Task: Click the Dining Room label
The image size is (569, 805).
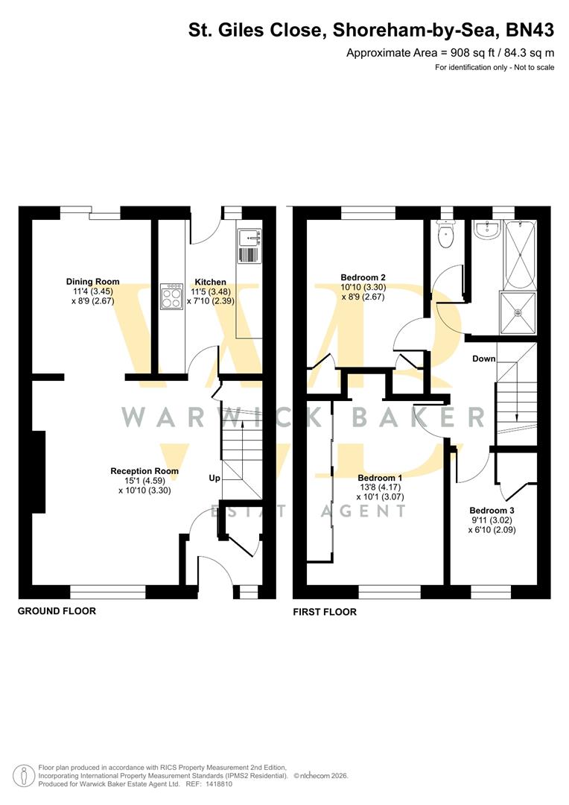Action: [92, 281]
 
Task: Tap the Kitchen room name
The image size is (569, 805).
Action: [211, 282]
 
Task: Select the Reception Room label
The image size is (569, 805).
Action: [144, 471]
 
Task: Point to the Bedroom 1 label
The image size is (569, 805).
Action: [380, 478]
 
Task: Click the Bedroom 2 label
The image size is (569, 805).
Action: [363, 277]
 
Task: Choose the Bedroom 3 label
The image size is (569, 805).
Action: [492, 511]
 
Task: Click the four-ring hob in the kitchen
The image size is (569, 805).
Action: [171, 297]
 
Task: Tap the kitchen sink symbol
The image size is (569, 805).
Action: [248, 238]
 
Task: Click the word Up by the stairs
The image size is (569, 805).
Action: [214, 478]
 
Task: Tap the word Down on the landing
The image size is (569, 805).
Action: [483, 359]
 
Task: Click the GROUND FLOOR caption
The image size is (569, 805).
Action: [57, 611]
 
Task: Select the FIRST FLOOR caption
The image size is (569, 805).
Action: [325, 612]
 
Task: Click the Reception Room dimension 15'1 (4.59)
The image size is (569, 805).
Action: [144, 481]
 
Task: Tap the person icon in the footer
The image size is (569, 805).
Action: [26, 775]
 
